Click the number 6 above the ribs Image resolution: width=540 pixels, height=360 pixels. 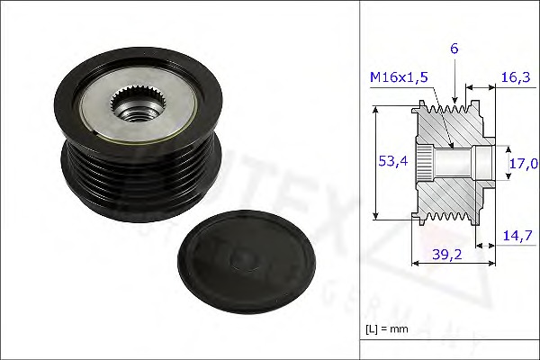[x=455, y=49]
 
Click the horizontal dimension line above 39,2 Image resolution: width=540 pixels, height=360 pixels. [x=450, y=264]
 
